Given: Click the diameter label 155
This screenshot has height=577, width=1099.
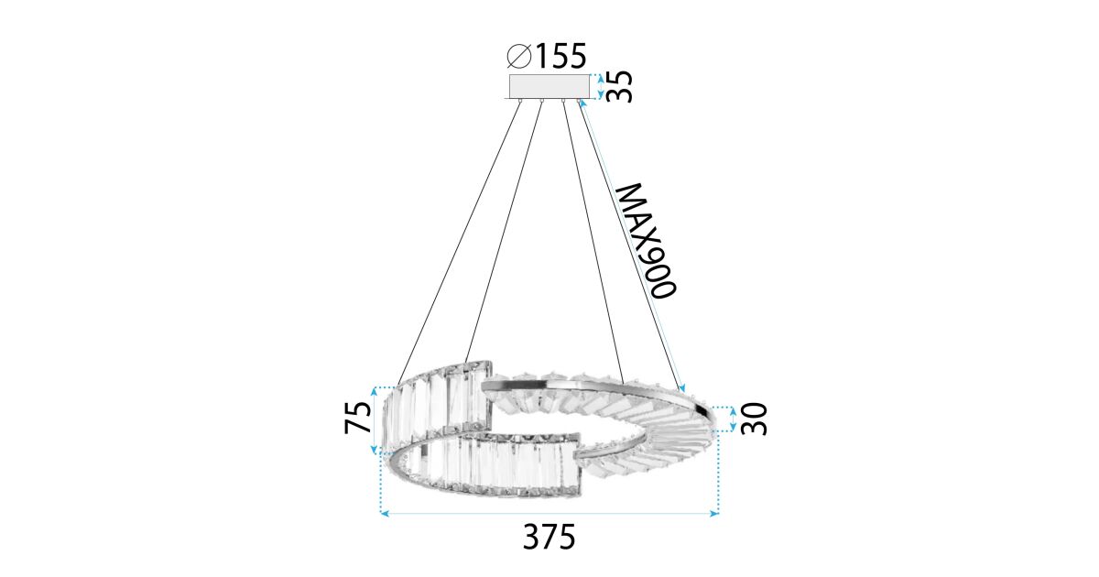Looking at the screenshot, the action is pos(560,56).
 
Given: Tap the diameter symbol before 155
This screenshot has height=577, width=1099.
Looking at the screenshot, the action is pos(519,56).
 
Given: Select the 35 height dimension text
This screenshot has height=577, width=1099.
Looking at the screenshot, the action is pos(619,86).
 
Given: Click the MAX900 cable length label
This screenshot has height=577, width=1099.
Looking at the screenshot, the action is pos(647,240).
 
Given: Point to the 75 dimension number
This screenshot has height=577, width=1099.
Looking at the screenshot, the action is pos(358,417).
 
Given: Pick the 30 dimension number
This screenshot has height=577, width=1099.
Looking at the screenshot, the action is pos(754,419).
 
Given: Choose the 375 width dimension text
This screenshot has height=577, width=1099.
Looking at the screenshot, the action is pos(549,537).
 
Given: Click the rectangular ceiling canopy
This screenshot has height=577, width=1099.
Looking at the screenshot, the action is pos(549,87).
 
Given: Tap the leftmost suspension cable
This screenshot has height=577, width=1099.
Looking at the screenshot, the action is pos(459,243).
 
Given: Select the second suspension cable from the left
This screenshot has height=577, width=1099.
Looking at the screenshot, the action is pos(504,232).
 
